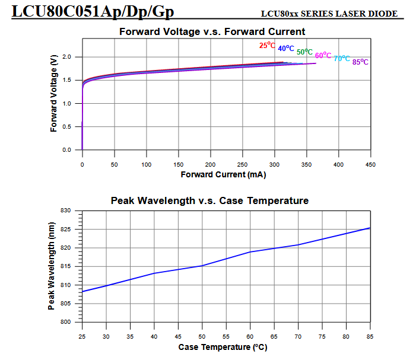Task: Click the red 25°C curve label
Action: [x=267, y=45]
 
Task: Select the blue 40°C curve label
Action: [x=285, y=49]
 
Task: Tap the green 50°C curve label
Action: [x=304, y=52]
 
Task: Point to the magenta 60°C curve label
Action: [x=323, y=55]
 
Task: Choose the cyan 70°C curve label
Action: [x=341, y=58]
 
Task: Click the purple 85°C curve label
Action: [x=360, y=62]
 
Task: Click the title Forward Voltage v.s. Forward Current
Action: [x=212, y=31]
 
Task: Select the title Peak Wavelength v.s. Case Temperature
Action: [x=209, y=201]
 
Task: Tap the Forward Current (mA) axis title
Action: [x=214, y=174]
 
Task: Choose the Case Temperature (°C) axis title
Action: [x=218, y=346]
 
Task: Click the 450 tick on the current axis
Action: [x=370, y=163]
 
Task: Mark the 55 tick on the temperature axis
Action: [x=226, y=336]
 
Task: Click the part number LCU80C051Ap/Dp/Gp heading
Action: [x=93, y=12]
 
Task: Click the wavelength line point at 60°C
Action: [x=250, y=252]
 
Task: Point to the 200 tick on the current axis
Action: [x=210, y=163]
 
